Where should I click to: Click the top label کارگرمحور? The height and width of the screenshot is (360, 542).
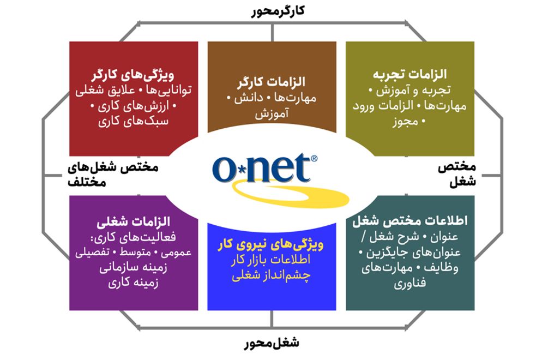pyautogui.click(x=278, y=11)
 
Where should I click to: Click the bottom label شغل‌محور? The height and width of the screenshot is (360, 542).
pyautogui.click(x=272, y=343)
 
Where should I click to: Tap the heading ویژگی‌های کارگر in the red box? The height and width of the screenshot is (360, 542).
pyautogui.click(x=133, y=75)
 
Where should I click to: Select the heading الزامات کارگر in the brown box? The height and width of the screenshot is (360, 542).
pyautogui.click(x=272, y=82)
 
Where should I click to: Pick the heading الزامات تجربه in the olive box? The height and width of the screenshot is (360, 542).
pyautogui.click(x=410, y=74)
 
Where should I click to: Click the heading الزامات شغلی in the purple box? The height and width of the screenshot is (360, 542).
pyautogui.click(x=134, y=221)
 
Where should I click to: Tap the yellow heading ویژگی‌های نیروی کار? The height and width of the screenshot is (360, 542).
pyautogui.click(x=271, y=245)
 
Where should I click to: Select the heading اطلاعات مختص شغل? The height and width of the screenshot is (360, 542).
pyautogui.click(x=410, y=220)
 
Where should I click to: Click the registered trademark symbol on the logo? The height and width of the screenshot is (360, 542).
pyautogui.click(x=314, y=158)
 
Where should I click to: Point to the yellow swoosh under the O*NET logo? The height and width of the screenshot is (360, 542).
pyautogui.click(x=290, y=195)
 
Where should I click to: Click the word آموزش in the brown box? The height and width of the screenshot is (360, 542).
pyautogui.click(x=272, y=114)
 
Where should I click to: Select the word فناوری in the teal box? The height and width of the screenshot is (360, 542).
pyautogui.click(x=410, y=284)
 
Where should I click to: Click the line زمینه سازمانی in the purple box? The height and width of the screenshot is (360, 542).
pyautogui.click(x=134, y=268)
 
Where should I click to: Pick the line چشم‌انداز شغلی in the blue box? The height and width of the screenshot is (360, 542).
pyautogui.click(x=272, y=275)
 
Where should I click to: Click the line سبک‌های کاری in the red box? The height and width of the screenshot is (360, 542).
pyautogui.click(x=134, y=121)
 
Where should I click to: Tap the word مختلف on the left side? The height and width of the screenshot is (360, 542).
pyautogui.click(x=87, y=182)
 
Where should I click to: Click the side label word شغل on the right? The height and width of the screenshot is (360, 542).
pyautogui.click(x=463, y=182)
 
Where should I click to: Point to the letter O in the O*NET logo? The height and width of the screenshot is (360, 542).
pyautogui.click(x=224, y=170)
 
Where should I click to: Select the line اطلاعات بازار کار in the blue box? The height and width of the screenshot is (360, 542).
pyautogui.click(x=271, y=260)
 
